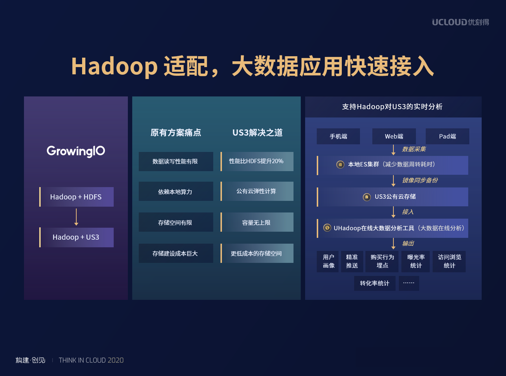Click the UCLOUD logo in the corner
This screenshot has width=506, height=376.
460,22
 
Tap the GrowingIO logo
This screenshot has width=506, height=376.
76,151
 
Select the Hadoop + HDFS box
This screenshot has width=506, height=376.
76,197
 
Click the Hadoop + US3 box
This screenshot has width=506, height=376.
76,237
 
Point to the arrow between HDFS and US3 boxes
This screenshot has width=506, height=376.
76,217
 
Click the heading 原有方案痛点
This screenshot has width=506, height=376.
176,133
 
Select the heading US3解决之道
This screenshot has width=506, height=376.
257,133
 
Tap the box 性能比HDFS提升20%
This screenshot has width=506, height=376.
257,161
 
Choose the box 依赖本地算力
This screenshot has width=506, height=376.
176,191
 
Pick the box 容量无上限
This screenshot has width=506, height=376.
257,222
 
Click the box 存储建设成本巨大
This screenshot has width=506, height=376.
176,253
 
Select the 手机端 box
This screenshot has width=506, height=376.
338,136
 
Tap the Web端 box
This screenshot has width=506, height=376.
394,136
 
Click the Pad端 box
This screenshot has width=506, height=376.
448,136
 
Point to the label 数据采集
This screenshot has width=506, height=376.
414,149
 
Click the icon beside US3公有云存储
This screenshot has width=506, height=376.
367,197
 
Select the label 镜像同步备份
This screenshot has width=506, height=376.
420,180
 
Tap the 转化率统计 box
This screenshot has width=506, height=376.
375,283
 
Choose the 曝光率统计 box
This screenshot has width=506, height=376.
416,261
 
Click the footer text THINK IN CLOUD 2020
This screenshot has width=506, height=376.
91,360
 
